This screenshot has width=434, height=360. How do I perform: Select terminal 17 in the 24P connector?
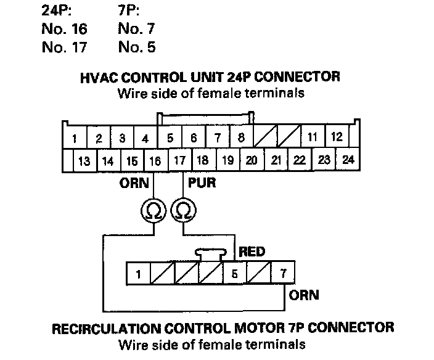179,162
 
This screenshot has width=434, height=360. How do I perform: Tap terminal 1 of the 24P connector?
75,138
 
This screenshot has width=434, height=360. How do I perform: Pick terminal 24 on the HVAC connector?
348,160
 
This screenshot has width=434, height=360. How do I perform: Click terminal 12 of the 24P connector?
337,137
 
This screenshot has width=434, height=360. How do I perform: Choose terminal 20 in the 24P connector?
252,161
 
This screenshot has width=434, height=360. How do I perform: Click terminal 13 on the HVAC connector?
84,162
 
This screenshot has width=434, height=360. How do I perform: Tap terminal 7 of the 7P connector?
284,273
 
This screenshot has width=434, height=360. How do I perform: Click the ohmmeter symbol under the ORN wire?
152,211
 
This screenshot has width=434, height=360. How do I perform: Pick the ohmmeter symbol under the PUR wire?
182,211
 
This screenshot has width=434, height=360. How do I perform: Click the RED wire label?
252,252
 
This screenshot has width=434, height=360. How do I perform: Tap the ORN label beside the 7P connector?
305,295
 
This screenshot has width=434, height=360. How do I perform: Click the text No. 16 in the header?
64,28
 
